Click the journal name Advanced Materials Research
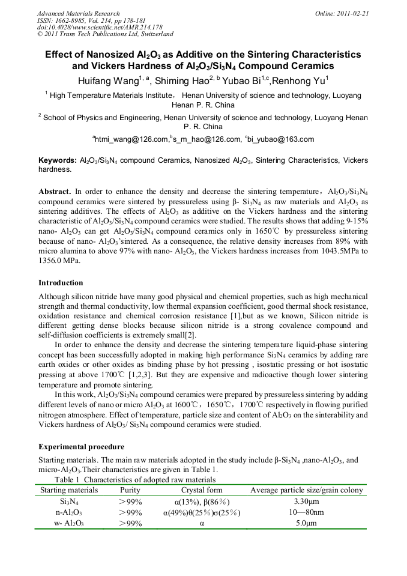[78, 13]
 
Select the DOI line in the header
[100, 28]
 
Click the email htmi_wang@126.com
[130, 139]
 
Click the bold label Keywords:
[58, 161]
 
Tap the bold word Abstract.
[55, 191]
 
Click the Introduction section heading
[61, 282]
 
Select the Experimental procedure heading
[81, 447]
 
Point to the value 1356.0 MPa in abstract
[59, 261]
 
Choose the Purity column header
[130, 490]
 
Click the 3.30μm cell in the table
[306, 501]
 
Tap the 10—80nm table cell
[306, 512]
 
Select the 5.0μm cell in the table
[306, 523]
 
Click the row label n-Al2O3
[69, 512]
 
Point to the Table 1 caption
[134, 479]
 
